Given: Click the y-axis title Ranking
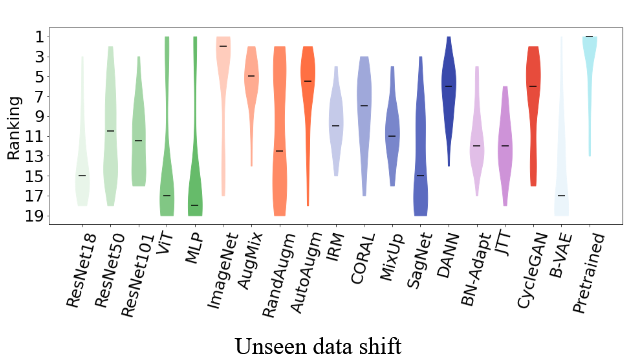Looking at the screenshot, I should coord(14,126).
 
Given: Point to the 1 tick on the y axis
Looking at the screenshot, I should coord(39,37).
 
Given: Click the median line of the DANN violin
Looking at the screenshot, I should coord(449,86).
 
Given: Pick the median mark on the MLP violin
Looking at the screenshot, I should coord(194,205).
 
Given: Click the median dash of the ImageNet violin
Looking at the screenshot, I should coord(223,46).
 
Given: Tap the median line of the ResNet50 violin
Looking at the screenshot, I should coord(110,131).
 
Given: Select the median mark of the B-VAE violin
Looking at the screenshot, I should coord(561,195).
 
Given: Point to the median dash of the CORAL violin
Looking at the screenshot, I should coord(364,105).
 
